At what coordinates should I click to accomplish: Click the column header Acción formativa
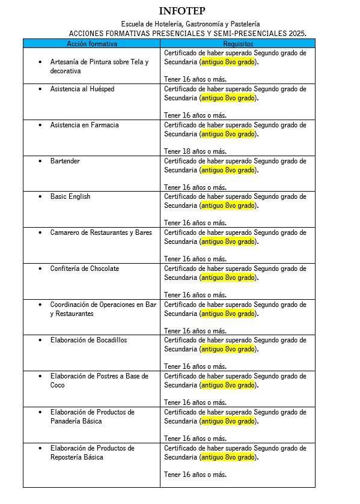pyautogui.click(x=92, y=44)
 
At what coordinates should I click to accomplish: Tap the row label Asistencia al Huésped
pyautogui.click(x=82, y=89)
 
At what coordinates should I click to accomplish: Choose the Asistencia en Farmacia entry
pyautogui.click(x=84, y=125)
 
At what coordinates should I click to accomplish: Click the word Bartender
pyautogui.click(x=65, y=161)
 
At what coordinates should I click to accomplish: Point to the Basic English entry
pyautogui.click(x=70, y=196)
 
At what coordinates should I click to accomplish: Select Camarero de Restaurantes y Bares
pyautogui.click(x=101, y=232)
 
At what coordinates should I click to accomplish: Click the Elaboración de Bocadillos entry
pyautogui.click(x=88, y=340)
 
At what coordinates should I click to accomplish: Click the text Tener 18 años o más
pyautogui.click(x=195, y=151)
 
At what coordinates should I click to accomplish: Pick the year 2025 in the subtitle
pyautogui.click(x=296, y=34)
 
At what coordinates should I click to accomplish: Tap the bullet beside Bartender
pyautogui.click(x=40, y=162)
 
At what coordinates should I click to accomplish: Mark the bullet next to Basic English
pyautogui.click(x=40, y=197)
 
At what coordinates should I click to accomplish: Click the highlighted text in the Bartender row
pyautogui.click(x=229, y=170)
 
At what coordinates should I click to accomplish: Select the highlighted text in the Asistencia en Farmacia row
pyautogui.click(x=229, y=134)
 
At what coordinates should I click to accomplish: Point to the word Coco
pyautogui.click(x=58, y=385)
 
